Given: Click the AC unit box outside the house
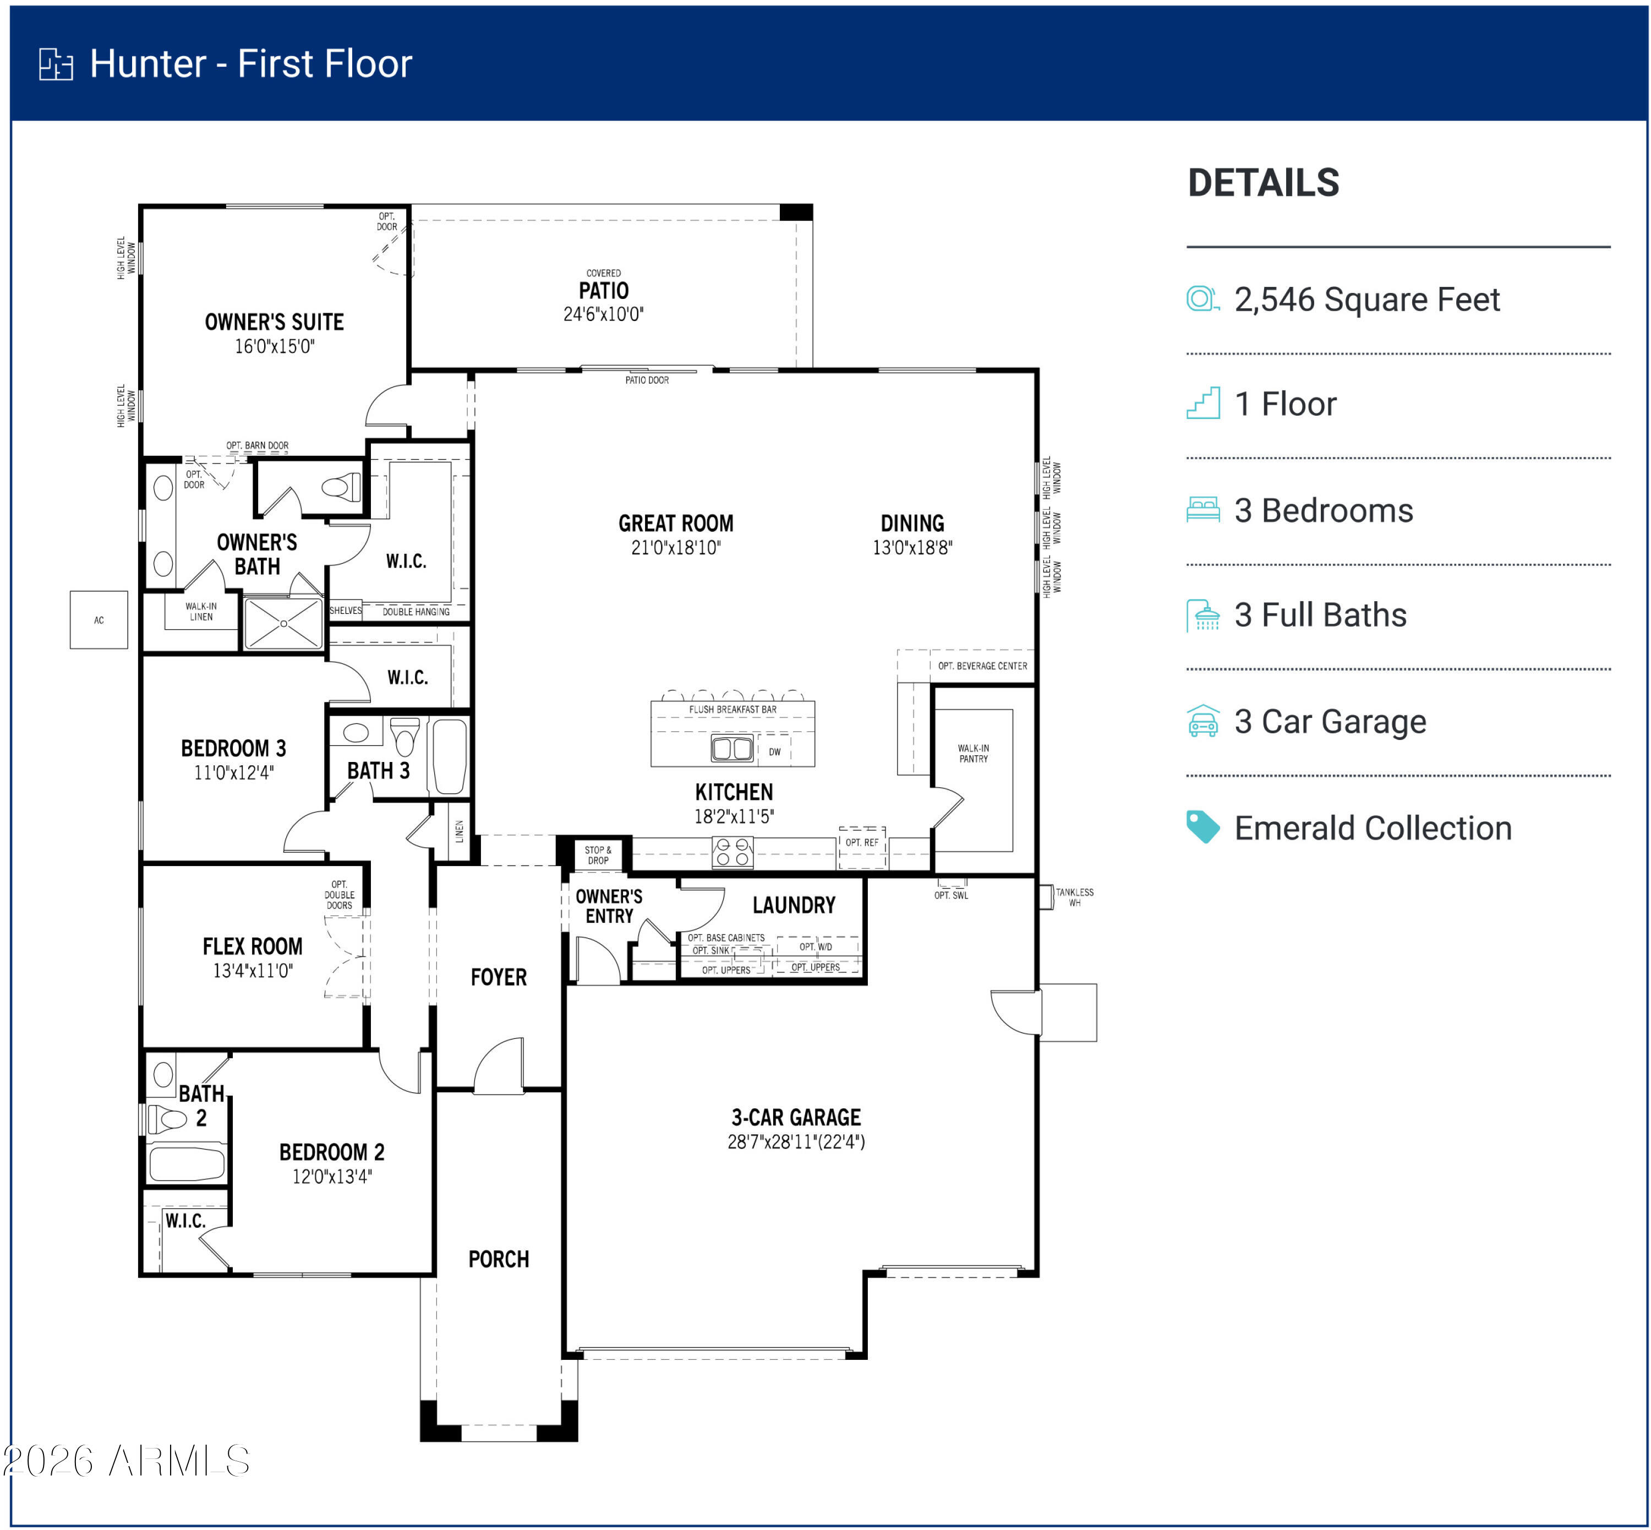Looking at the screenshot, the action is point(99,619).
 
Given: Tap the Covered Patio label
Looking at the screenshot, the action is point(603,284).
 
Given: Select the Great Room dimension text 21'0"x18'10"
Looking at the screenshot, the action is point(675,547).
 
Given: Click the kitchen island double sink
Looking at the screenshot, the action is point(732,748).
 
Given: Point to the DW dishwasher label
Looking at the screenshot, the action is point(775,752).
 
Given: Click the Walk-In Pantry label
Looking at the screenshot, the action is point(973,753).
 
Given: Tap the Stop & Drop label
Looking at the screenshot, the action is point(598,854).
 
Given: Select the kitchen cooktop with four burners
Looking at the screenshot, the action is point(732,852).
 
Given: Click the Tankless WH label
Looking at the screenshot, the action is point(1074,897).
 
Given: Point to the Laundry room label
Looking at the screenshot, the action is point(794,905).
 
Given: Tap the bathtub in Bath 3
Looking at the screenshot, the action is point(450,756).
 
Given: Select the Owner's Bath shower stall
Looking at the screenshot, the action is point(283,623).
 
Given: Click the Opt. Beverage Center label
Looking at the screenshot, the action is point(982,666).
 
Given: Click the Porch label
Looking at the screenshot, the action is point(498,1259).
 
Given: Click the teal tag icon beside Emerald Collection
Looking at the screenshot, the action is point(1202,826).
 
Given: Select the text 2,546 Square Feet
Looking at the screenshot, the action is point(1366,300).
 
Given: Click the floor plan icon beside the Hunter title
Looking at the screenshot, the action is point(56,64).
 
